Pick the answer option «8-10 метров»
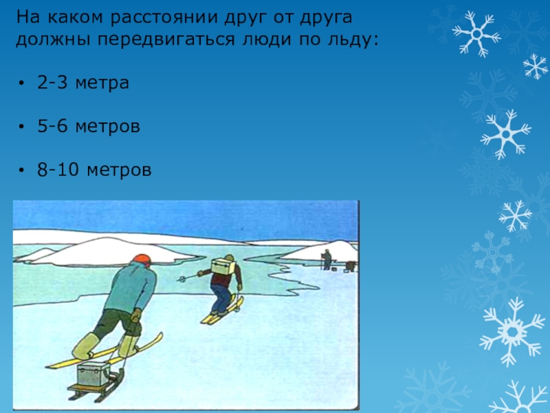click(95, 169)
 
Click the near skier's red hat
click(141, 260)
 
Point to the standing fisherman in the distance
click(327, 259)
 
